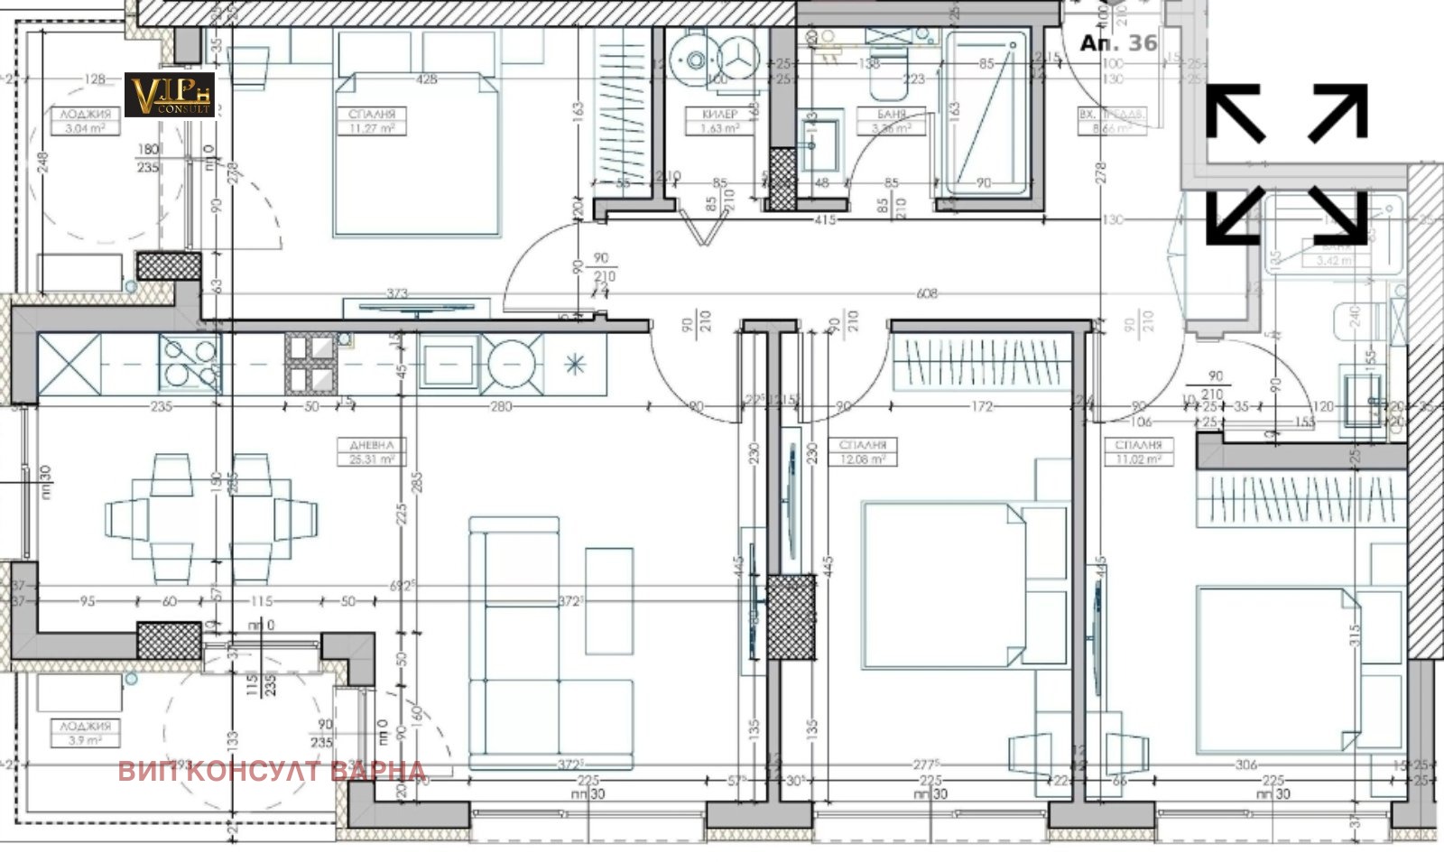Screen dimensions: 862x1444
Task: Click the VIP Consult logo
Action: [169, 95]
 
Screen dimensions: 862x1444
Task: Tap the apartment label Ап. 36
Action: [1118, 42]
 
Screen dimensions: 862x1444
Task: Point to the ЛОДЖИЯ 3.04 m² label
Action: [86, 121]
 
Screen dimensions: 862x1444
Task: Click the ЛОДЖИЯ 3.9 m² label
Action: [86, 732]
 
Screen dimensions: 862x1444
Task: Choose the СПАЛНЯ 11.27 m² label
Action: [373, 121]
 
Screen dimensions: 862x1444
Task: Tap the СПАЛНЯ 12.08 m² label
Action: [862, 452]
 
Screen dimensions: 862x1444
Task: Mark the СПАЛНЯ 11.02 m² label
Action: [1138, 452]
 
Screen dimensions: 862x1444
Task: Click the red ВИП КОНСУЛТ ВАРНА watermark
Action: [272, 771]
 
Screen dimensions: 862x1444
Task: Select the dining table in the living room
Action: [211, 519]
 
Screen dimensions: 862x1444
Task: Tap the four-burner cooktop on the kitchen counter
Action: [190, 363]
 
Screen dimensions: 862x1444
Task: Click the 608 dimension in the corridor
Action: [926, 293]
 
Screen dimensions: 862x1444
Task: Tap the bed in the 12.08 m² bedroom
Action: [943, 584]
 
